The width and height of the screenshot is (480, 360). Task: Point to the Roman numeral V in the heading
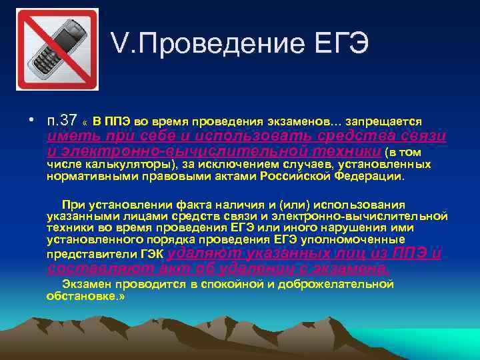[x=120, y=45]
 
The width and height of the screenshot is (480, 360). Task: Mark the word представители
[x=91, y=254]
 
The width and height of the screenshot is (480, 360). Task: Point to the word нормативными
[x=90, y=177]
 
